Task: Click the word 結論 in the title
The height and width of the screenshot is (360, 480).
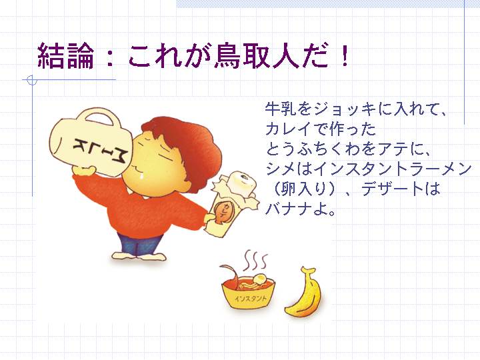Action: point(65,55)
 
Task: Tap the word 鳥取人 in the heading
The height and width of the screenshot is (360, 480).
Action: point(255,55)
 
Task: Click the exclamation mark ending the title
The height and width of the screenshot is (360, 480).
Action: point(345,55)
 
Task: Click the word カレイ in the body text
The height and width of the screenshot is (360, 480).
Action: point(289,129)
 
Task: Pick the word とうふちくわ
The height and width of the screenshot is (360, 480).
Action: point(311,149)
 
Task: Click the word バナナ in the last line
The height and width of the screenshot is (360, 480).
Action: point(289,209)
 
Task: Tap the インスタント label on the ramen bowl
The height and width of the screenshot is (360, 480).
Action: point(251,298)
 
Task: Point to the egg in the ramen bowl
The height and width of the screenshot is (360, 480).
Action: point(259,279)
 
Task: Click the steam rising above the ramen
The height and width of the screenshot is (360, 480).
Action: point(255,261)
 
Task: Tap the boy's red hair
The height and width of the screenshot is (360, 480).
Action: point(187,144)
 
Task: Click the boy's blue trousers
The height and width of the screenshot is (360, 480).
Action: point(141,244)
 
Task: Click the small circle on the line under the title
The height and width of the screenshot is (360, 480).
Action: point(32,80)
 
